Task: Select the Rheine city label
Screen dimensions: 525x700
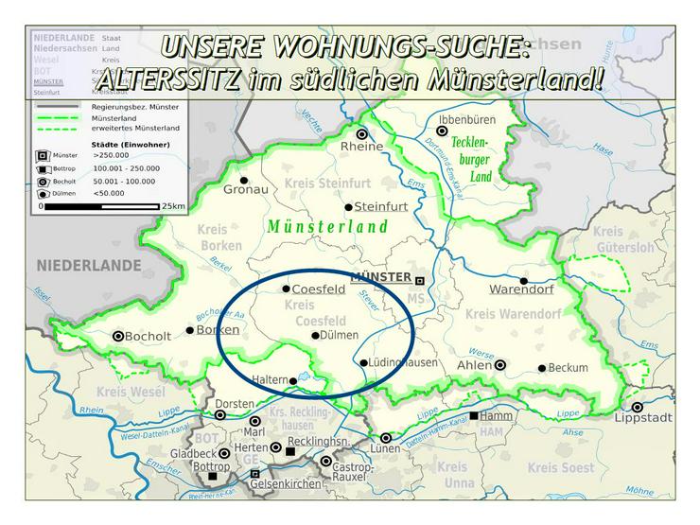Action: click(363, 147)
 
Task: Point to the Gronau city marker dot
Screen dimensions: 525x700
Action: click(244, 180)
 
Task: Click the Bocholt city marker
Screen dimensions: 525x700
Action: click(118, 336)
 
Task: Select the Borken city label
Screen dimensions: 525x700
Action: click(218, 330)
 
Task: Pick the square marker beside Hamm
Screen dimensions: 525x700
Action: click(473, 415)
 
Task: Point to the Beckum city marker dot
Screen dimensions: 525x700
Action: click(542, 368)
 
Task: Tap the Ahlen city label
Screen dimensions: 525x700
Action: click(474, 364)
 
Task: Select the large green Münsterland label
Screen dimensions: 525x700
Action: click(328, 227)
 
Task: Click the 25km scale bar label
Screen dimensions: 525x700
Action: click(173, 205)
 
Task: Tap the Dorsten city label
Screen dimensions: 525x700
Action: click(235, 404)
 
